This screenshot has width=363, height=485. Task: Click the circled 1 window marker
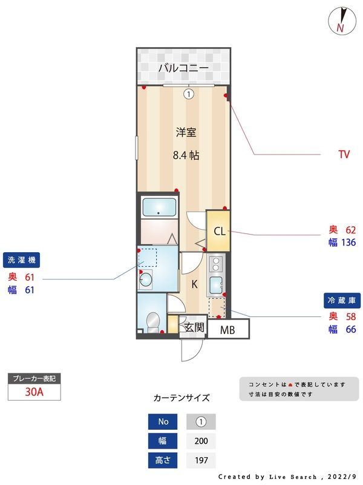[x=189, y=94]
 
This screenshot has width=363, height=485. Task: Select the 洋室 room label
[x=186, y=132]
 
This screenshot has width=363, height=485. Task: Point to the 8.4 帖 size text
[x=186, y=155]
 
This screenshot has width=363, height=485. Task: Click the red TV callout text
[x=344, y=155]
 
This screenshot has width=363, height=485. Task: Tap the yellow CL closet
[x=219, y=231]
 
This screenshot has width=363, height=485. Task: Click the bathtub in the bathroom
[x=159, y=207]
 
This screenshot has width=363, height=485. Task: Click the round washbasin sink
[x=145, y=279]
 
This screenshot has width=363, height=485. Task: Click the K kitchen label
[x=195, y=284]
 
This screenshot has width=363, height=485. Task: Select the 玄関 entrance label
[x=194, y=328]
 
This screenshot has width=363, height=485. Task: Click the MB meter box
[x=227, y=330]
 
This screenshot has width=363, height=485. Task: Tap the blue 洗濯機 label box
[x=22, y=260]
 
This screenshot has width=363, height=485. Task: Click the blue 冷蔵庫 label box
[x=344, y=300]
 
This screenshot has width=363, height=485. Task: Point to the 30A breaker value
[x=34, y=392]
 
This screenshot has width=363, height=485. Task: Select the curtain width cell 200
[x=200, y=441]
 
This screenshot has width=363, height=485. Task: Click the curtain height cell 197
[x=200, y=460]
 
